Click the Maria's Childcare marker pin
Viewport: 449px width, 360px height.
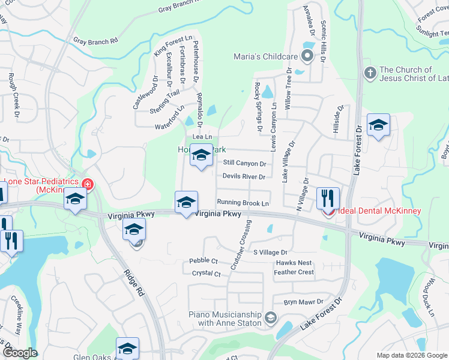tap(307, 57)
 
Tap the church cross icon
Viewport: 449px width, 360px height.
tap(370, 73)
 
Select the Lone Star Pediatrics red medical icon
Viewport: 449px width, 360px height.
tap(88, 184)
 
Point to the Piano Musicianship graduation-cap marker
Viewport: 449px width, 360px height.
tap(271, 317)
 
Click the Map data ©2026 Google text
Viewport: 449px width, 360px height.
tap(411, 355)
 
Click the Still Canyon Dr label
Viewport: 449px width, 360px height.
tap(244, 163)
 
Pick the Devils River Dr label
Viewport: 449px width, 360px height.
tap(244, 176)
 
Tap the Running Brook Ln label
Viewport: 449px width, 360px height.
tap(243, 203)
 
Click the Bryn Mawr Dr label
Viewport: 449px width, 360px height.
tap(304, 302)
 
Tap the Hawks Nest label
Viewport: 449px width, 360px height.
tap(294, 263)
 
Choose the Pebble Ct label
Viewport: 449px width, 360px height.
tap(203, 260)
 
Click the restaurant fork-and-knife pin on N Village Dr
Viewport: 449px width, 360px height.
tap(328, 198)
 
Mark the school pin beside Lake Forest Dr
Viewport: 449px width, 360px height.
tap(378, 125)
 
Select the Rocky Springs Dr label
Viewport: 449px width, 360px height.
tap(259, 107)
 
